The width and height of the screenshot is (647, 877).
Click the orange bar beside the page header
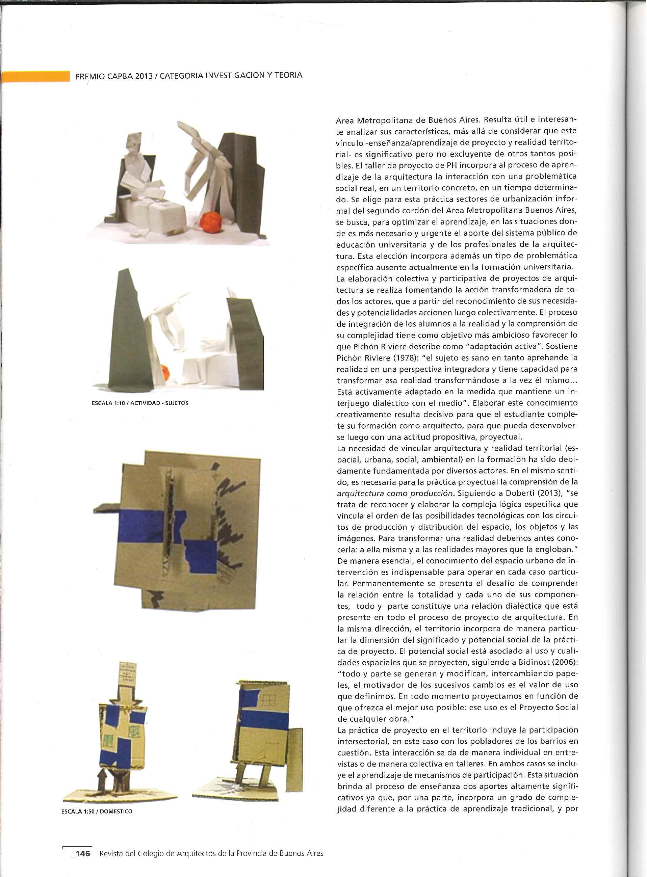tap(35, 76)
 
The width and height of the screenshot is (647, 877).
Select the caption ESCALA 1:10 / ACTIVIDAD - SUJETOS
tap(140, 403)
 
